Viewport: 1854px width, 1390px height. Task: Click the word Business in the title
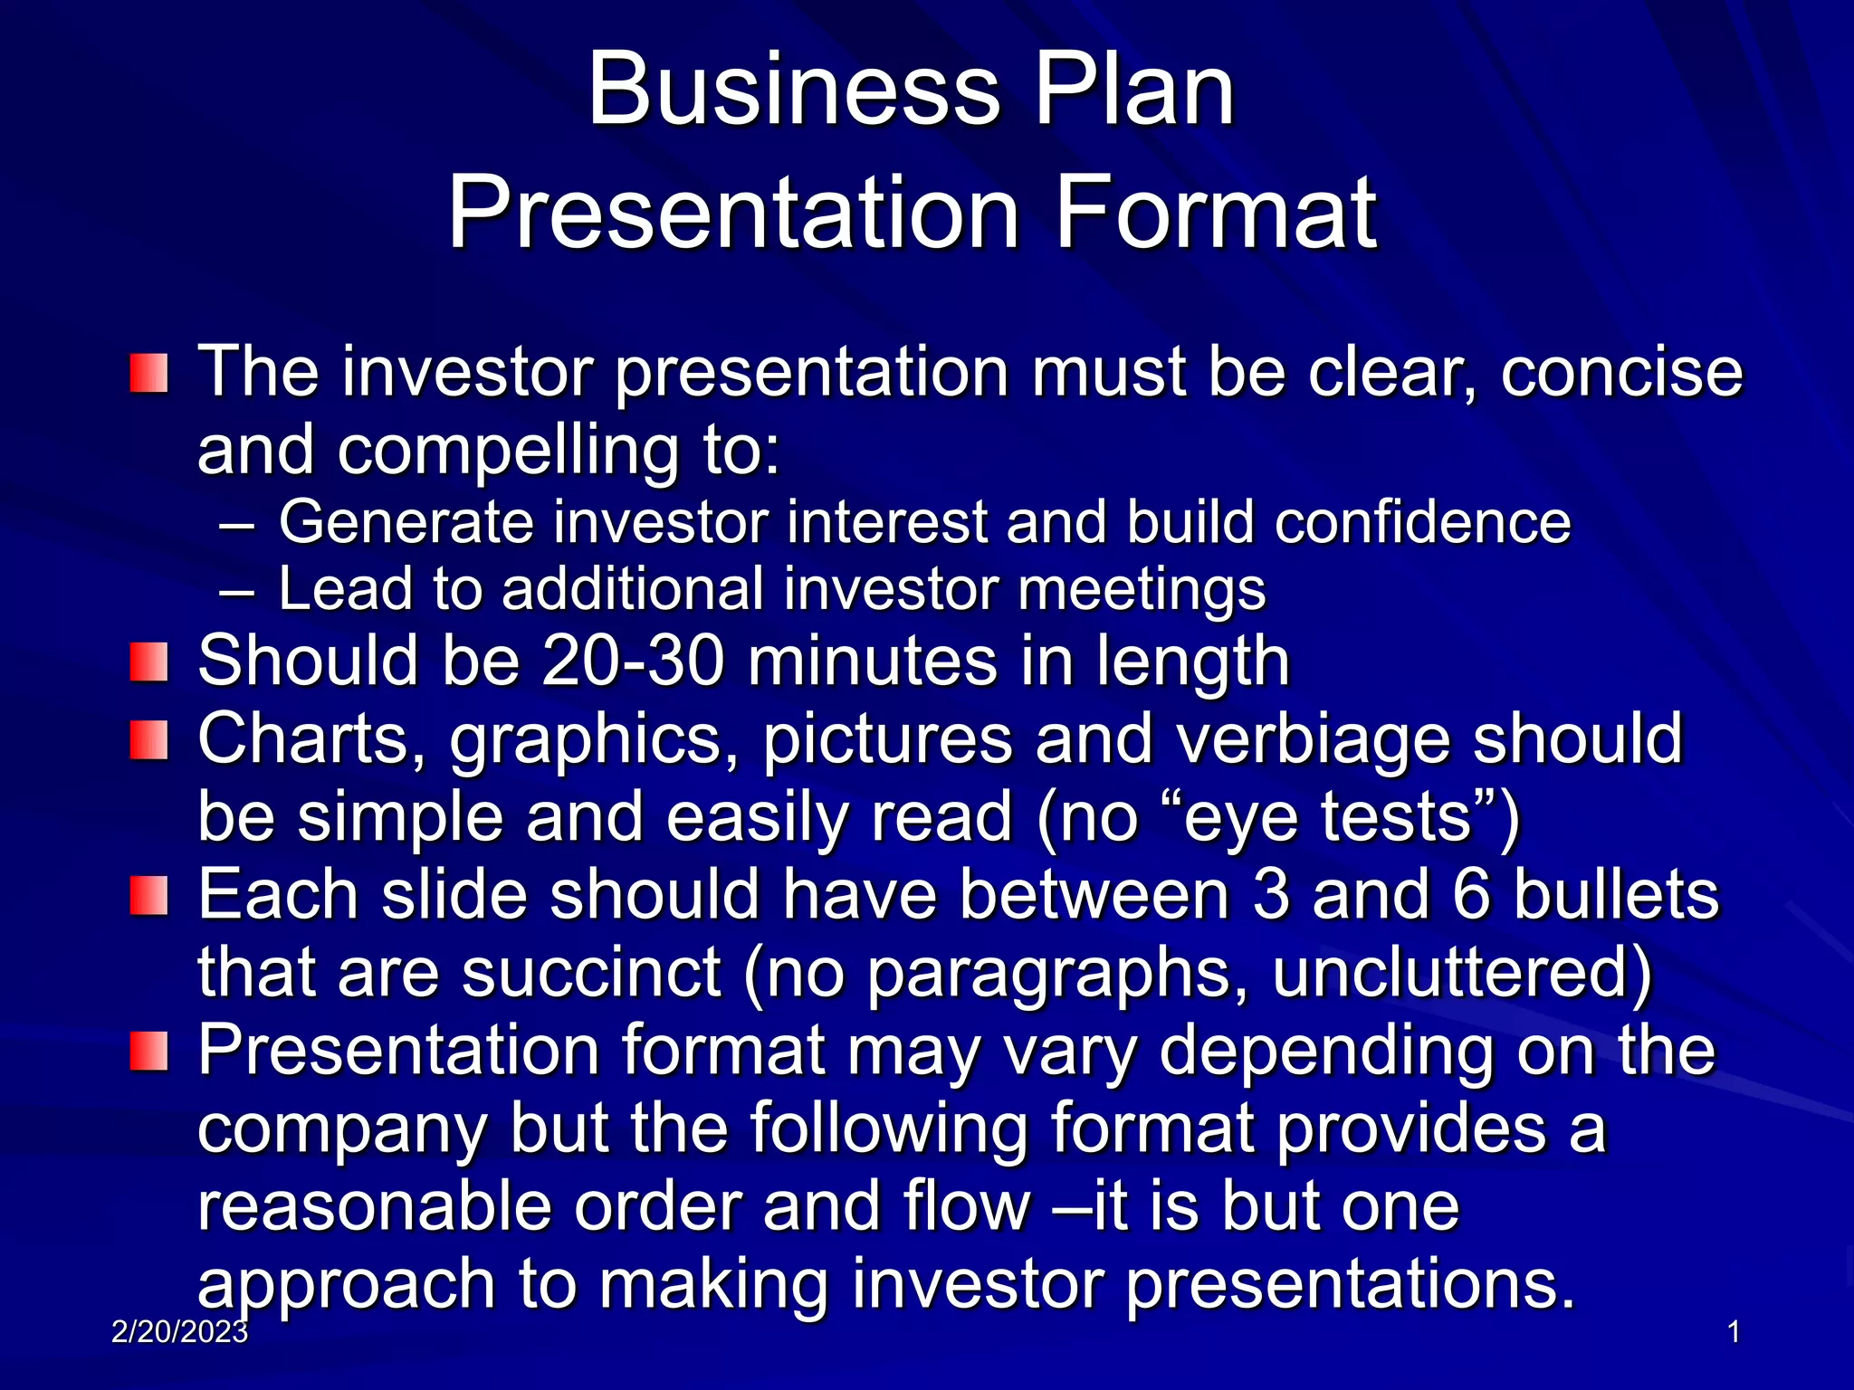click(794, 90)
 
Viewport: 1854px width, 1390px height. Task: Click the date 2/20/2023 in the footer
click(180, 1331)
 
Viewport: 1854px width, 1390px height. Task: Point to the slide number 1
click(1734, 1332)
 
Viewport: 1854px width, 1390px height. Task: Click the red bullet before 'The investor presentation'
click(148, 374)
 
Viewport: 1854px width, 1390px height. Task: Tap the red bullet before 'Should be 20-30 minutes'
click(148, 662)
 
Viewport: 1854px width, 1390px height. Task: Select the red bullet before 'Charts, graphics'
click(148, 740)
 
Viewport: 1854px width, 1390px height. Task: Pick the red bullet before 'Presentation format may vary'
click(148, 1052)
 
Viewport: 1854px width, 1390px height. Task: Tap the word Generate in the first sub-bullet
click(406, 523)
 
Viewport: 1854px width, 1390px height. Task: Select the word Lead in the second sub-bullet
click(345, 589)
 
